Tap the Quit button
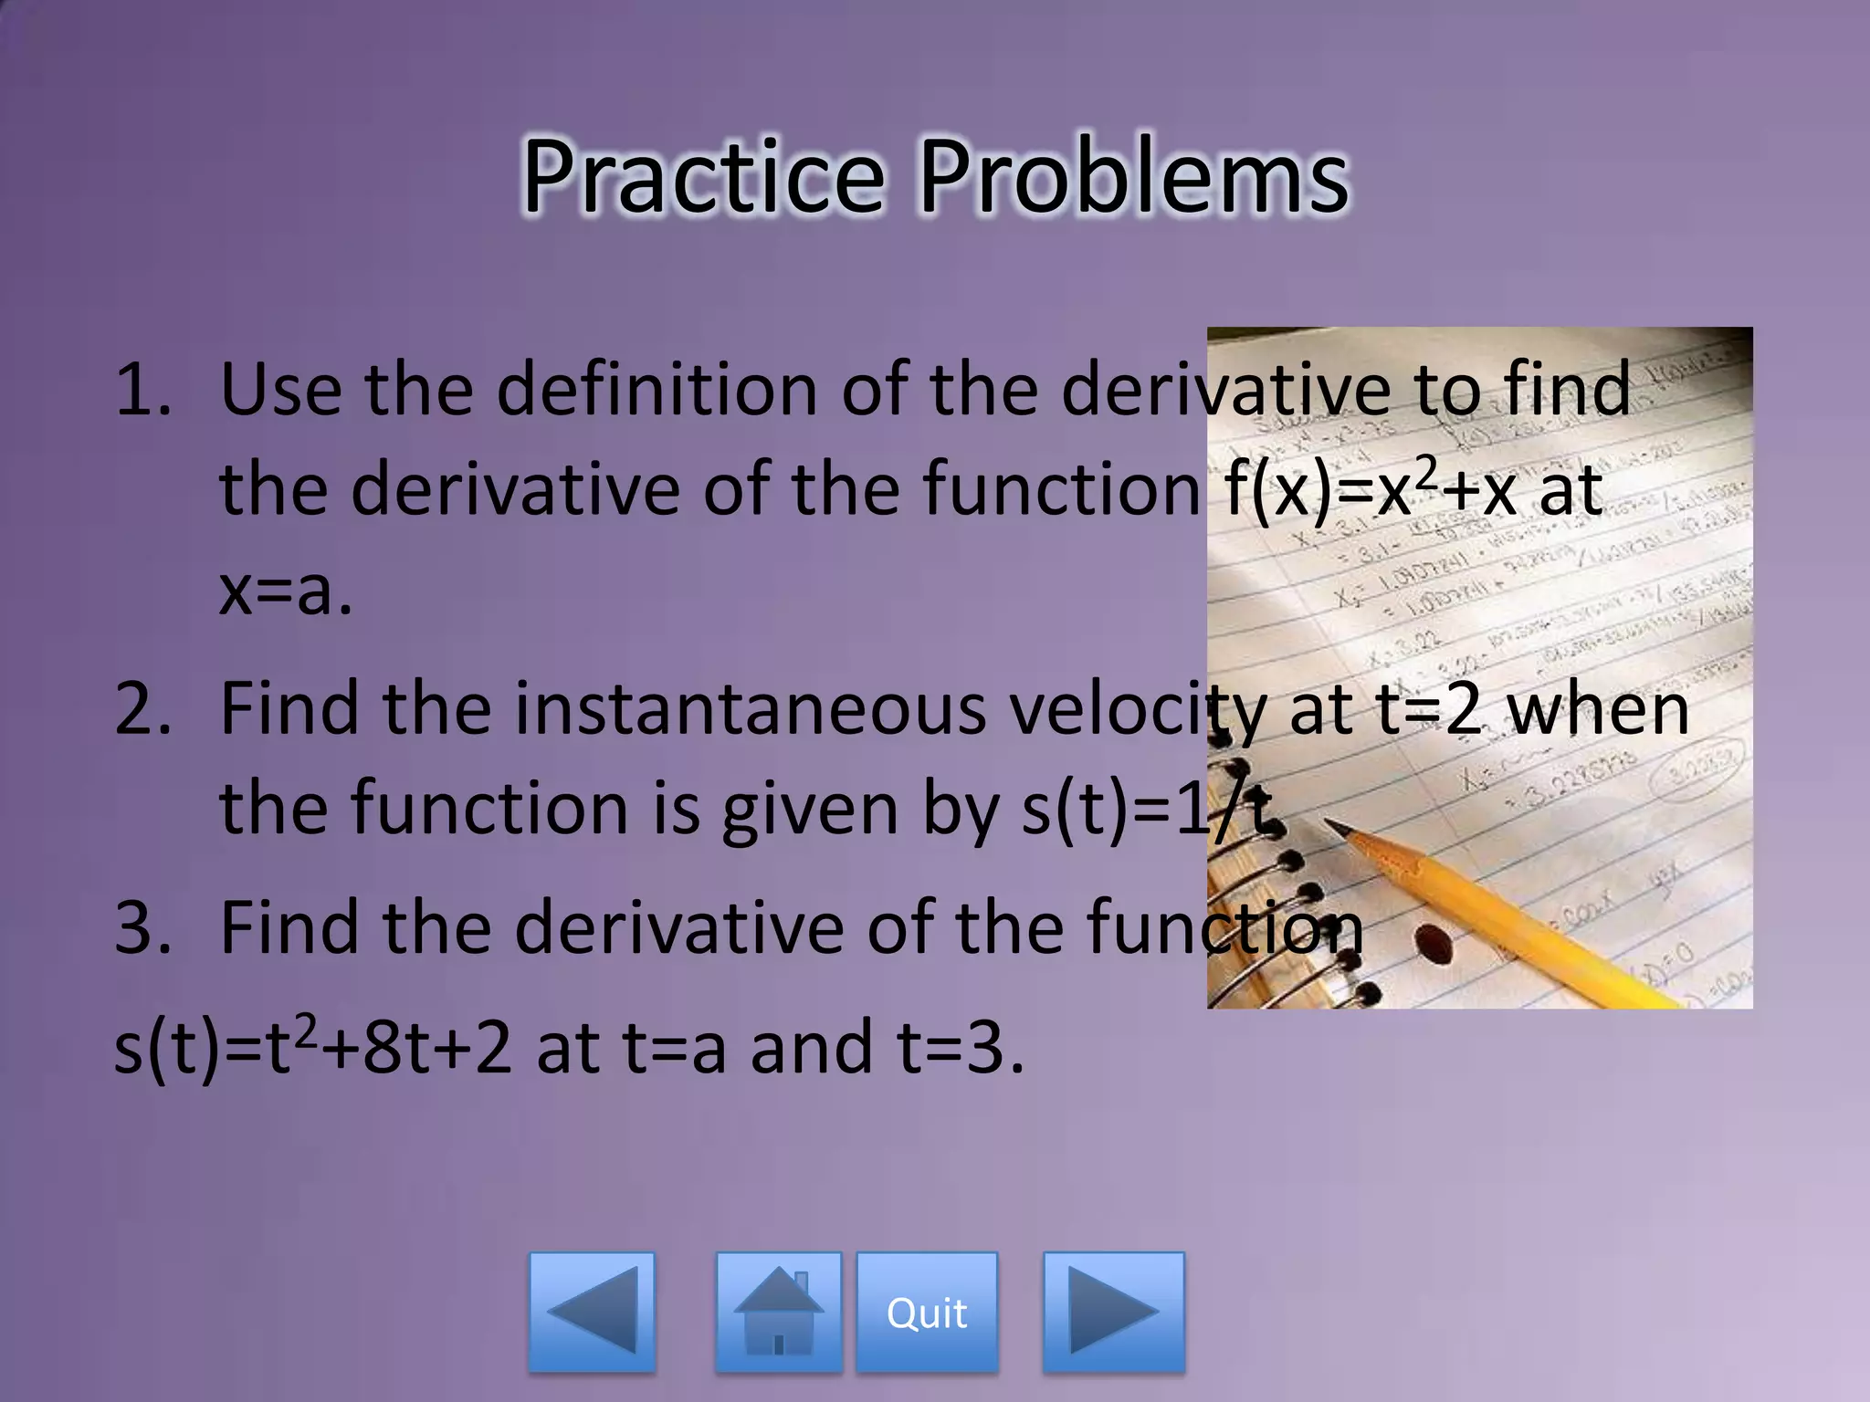point(927,1313)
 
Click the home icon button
point(778,1313)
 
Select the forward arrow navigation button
point(1113,1313)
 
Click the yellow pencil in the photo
point(1497,913)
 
